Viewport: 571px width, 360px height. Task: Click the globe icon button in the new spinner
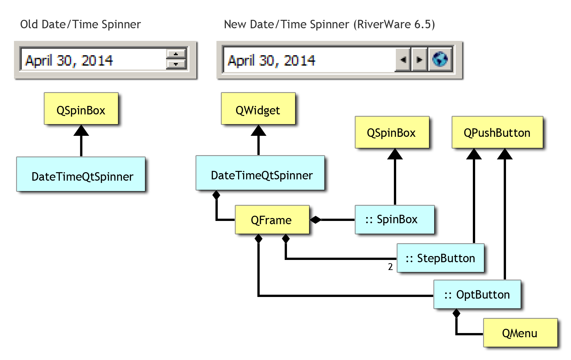coord(440,59)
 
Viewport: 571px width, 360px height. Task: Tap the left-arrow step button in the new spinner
coord(403,59)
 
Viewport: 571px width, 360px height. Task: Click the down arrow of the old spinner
coord(176,64)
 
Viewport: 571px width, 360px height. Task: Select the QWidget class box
coord(258,109)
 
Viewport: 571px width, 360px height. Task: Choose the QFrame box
coord(272,220)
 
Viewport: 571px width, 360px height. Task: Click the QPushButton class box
coord(497,132)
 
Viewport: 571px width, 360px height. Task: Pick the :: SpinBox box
coord(395,220)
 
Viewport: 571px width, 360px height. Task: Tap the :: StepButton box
coord(440,258)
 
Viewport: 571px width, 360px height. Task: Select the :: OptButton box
coord(477,294)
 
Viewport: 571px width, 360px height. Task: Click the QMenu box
coord(520,333)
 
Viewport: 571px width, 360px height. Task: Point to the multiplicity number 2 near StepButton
coord(390,267)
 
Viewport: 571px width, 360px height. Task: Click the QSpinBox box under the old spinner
coord(81,109)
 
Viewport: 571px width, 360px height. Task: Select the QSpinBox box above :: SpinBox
coord(392,132)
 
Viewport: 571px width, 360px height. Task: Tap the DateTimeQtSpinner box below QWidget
coord(260,173)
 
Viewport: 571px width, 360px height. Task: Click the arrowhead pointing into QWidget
coord(258,130)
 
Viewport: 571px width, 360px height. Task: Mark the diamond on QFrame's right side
coord(315,220)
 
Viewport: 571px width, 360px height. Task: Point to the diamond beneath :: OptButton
coord(456,313)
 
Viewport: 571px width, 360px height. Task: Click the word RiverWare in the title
coord(384,24)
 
